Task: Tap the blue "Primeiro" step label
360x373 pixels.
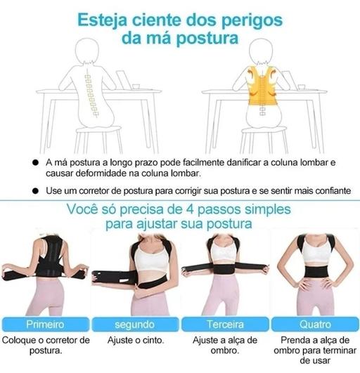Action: click(45, 325)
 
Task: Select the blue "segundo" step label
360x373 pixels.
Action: click(135, 325)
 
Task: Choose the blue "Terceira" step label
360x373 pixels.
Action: click(225, 325)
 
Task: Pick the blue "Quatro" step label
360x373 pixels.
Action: click(315, 325)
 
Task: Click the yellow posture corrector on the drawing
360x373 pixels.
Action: click(262, 86)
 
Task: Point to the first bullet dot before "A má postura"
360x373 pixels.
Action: click(35, 163)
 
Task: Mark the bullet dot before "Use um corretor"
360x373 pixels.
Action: click(35, 191)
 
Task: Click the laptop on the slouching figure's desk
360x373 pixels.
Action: click(124, 80)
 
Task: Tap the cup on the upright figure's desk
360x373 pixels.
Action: click(302, 87)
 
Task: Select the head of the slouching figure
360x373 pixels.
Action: click(87, 51)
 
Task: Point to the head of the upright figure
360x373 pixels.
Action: click(261, 51)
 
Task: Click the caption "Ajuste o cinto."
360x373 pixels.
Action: click(136, 340)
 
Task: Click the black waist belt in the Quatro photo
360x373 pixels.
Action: click(316, 272)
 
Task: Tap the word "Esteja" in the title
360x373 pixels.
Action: click(103, 20)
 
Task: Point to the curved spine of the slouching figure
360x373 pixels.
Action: click(91, 95)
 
